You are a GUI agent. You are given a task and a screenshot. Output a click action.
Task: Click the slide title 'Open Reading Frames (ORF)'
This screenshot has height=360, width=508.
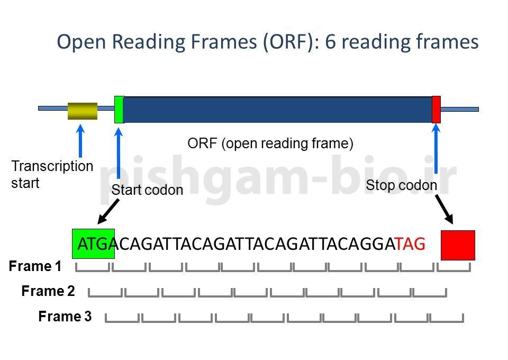click(x=267, y=42)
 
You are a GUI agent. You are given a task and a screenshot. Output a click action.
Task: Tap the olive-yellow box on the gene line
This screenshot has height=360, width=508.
click(x=83, y=111)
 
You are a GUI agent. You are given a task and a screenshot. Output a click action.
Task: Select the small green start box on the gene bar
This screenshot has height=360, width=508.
click(x=119, y=109)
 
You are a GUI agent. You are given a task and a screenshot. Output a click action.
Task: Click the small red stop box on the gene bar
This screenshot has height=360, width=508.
click(x=436, y=109)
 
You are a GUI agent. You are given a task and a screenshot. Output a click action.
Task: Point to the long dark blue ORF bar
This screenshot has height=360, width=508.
click(x=278, y=109)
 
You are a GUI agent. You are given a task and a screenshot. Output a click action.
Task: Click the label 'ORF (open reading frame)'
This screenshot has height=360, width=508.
click(x=270, y=143)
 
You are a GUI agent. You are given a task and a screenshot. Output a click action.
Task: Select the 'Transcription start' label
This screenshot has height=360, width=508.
click(x=52, y=174)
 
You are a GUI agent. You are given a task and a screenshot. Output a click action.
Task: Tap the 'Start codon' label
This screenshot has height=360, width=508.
click(x=147, y=190)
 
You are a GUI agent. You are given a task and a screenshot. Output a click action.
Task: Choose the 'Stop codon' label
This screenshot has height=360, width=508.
click(x=401, y=185)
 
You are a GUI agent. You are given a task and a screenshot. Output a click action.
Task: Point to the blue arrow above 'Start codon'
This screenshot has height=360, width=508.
click(x=119, y=154)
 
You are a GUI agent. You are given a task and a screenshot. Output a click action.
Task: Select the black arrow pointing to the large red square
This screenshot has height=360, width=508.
click(x=444, y=209)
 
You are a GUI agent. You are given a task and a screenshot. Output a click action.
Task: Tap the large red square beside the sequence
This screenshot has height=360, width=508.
click(x=458, y=245)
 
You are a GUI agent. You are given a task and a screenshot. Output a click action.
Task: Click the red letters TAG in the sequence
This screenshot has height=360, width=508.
click(x=411, y=244)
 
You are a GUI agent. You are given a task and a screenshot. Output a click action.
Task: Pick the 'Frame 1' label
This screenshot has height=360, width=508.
click(x=35, y=266)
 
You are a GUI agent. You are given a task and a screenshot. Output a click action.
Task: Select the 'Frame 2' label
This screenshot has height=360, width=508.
click(x=48, y=291)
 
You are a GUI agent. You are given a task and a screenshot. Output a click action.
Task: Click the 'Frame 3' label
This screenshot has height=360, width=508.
click(x=65, y=317)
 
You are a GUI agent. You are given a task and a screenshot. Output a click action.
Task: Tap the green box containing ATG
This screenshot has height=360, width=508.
click(x=93, y=244)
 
